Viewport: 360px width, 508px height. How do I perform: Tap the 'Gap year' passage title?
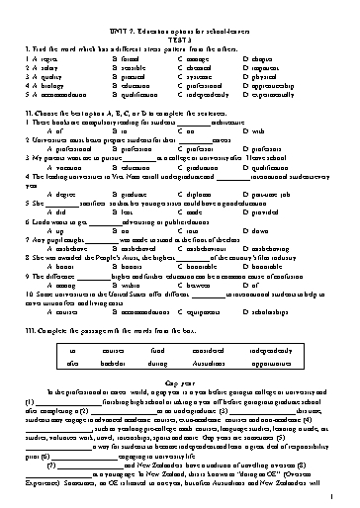click(179, 381)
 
